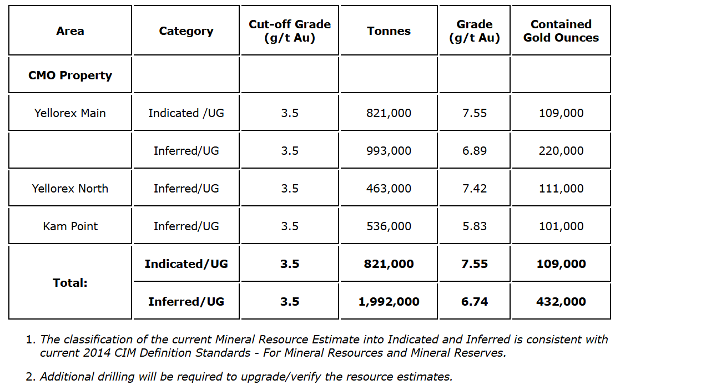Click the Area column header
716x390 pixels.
[x=70, y=31]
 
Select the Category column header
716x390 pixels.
[x=186, y=31]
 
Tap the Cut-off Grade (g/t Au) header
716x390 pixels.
[x=290, y=31]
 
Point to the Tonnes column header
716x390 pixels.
[x=389, y=31]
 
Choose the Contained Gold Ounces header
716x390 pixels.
[x=561, y=31]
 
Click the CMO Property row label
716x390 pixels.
[x=70, y=75]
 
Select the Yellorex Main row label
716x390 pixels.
[x=70, y=113]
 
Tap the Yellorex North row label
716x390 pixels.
[x=70, y=189]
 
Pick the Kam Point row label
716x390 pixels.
[x=70, y=226]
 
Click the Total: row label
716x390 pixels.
[x=70, y=283]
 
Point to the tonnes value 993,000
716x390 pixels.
[x=389, y=151]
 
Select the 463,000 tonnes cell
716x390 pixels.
[x=389, y=189]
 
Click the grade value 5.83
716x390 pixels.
[x=475, y=226]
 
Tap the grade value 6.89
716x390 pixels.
[x=475, y=151]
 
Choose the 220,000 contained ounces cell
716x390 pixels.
[x=561, y=151]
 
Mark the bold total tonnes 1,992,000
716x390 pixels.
[x=389, y=302]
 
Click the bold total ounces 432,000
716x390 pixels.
[x=561, y=302]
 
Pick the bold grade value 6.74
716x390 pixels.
[x=475, y=302]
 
